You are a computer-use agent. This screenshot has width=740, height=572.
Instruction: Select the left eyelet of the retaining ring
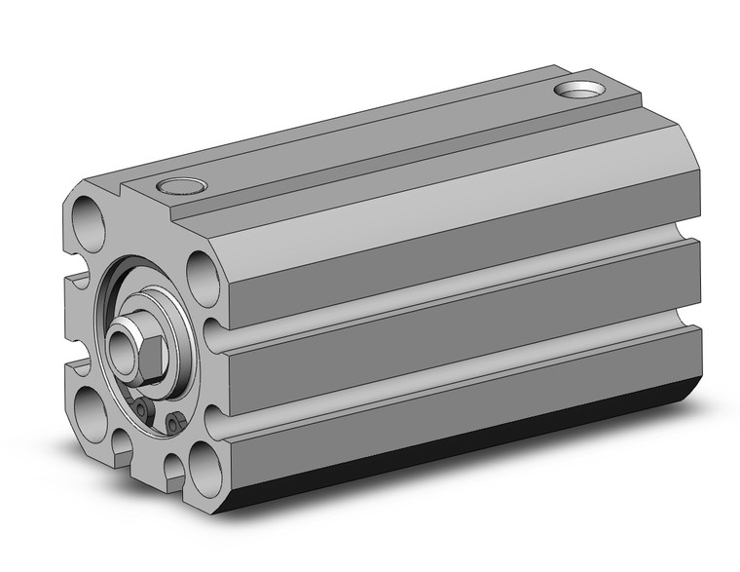pyautogui.click(x=142, y=409)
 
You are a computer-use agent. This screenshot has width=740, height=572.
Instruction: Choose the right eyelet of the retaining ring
pyautogui.click(x=174, y=423)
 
